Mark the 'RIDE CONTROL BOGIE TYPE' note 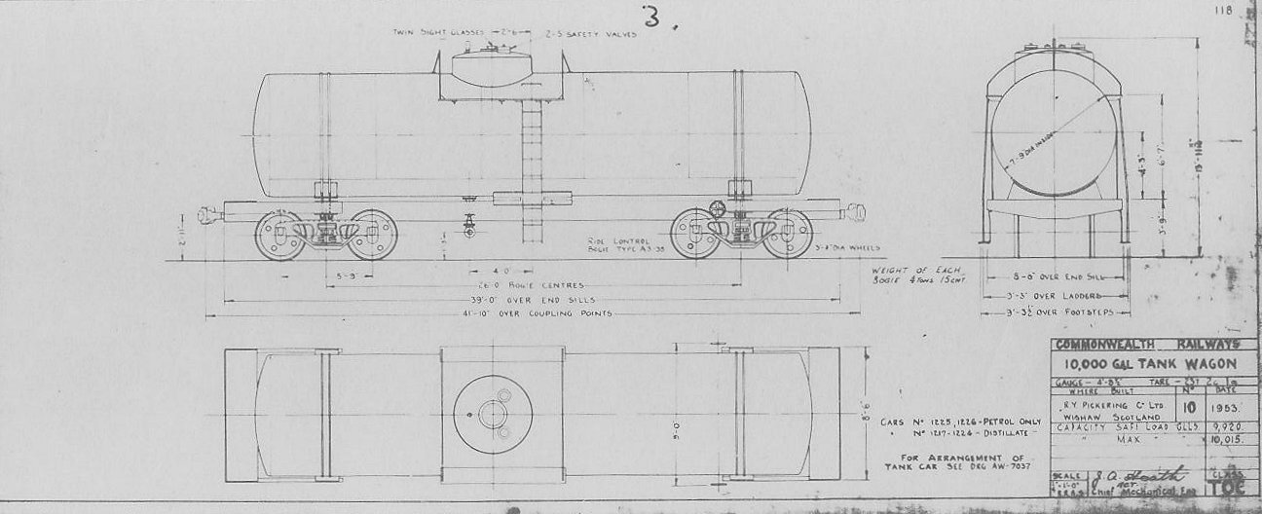622,244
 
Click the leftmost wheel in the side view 279,235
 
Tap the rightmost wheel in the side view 787,234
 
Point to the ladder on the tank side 532,170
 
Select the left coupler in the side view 208,215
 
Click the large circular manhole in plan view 493,415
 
